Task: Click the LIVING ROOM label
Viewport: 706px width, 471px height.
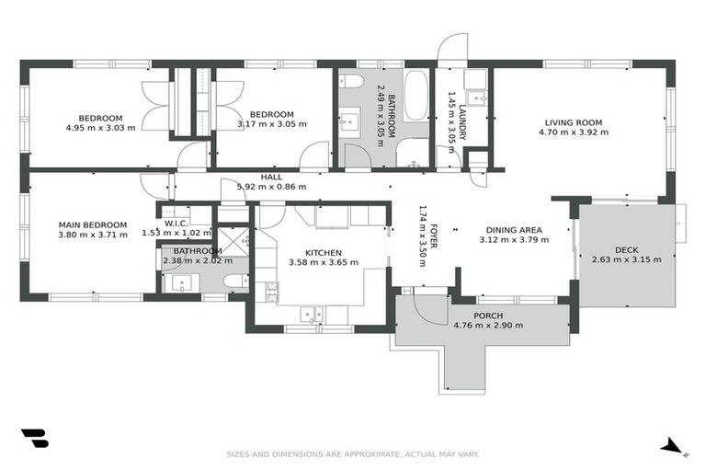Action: coord(573,122)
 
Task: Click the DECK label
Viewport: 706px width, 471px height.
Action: coord(627,249)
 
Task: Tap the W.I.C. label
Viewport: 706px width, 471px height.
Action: coord(176,224)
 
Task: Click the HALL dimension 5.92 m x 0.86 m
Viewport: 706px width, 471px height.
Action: coord(271,187)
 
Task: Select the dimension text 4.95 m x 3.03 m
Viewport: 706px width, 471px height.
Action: coord(100,128)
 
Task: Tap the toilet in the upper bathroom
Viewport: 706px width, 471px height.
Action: coord(351,82)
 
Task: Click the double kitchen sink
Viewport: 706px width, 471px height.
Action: coord(308,313)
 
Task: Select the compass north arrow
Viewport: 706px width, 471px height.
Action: coord(673,447)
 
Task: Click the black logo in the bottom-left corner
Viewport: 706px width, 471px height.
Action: coord(34,439)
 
